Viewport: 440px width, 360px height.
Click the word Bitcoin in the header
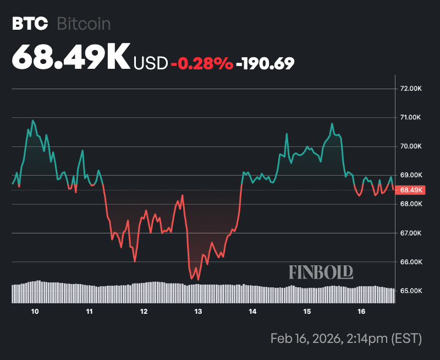click(x=84, y=24)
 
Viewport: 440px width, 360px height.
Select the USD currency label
click(x=151, y=64)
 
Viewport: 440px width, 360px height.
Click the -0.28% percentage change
click(x=202, y=64)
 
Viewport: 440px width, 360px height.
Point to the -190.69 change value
click(x=265, y=64)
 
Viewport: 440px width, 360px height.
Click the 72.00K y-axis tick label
click(x=411, y=88)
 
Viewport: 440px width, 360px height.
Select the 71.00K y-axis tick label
click(x=411, y=117)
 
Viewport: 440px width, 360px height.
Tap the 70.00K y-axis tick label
click(x=411, y=146)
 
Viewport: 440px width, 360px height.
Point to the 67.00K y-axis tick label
click(x=411, y=233)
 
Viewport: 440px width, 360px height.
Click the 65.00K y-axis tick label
click(x=411, y=291)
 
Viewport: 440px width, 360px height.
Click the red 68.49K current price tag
click(x=411, y=190)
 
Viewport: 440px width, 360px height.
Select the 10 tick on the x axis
click(x=35, y=312)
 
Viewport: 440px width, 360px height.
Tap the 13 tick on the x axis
click(x=198, y=312)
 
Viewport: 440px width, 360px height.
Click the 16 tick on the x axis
click(x=361, y=312)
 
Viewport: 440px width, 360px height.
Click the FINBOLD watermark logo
click(x=321, y=272)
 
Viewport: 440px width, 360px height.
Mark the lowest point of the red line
click(x=198, y=280)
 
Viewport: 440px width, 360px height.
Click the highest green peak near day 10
click(x=33, y=120)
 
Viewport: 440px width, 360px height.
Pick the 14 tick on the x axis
click(x=252, y=312)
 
